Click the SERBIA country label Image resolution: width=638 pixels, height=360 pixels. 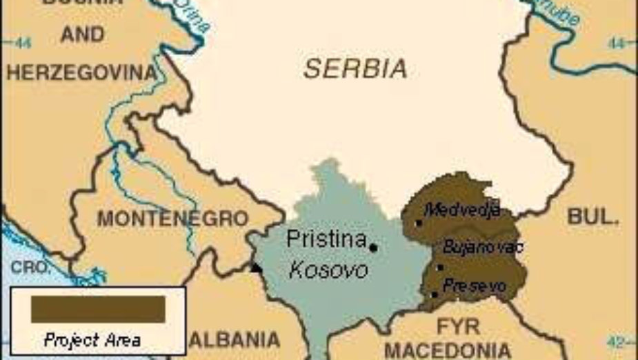355,68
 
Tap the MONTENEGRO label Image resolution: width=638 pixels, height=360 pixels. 172,219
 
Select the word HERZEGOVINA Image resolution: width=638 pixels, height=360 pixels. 82,72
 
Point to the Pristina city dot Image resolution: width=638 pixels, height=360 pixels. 373,248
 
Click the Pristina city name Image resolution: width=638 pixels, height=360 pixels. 326,240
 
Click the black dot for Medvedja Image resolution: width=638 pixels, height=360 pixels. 419,223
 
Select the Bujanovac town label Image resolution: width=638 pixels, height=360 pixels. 483,247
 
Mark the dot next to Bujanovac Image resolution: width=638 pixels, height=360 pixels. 440,267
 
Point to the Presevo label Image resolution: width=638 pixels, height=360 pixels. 475,285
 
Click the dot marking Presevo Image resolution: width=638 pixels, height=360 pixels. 435,294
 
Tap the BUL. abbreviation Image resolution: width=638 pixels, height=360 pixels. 591,217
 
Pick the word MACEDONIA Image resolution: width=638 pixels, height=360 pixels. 448,349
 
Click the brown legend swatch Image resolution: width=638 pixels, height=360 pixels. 98,310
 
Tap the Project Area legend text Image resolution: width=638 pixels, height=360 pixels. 92,340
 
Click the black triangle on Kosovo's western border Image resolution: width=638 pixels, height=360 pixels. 257,268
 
